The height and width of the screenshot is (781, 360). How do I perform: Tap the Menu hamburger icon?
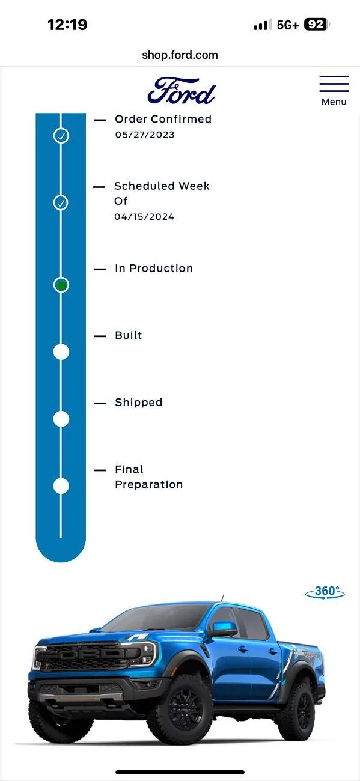[x=334, y=84]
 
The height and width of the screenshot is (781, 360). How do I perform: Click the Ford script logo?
[x=182, y=91]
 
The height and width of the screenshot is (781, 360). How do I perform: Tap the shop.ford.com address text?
[x=180, y=55]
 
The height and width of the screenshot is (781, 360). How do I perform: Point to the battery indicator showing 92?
[x=317, y=25]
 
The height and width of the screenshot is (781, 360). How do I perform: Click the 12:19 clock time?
[x=67, y=25]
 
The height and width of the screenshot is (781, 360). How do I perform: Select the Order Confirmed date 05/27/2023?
[x=145, y=135]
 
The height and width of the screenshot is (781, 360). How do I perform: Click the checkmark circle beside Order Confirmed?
[x=61, y=135]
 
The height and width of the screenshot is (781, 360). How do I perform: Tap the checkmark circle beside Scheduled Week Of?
[x=61, y=202]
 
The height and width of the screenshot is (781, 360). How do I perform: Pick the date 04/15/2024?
[x=144, y=217]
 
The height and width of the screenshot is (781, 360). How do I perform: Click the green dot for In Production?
[x=61, y=285]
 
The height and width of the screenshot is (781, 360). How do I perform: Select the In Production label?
[x=154, y=268]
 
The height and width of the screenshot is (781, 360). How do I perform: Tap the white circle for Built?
[x=61, y=352]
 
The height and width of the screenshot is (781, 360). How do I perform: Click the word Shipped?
[x=139, y=403]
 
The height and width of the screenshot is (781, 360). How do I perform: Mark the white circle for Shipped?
[x=61, y=419]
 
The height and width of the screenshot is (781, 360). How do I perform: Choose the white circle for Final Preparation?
[x=61, y=486]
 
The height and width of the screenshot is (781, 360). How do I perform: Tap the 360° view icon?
[x=325, y=592]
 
